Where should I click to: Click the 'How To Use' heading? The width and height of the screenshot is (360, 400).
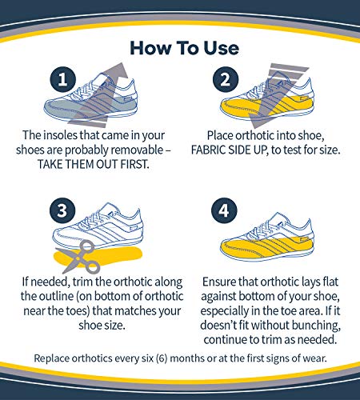pyautogui.click(x=179, y=47)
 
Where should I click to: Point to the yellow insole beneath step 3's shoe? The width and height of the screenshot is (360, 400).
pyautogui.click(x=120, y=261)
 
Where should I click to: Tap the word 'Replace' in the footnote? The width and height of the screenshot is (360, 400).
pyautogui.click(x=54, y=356)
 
